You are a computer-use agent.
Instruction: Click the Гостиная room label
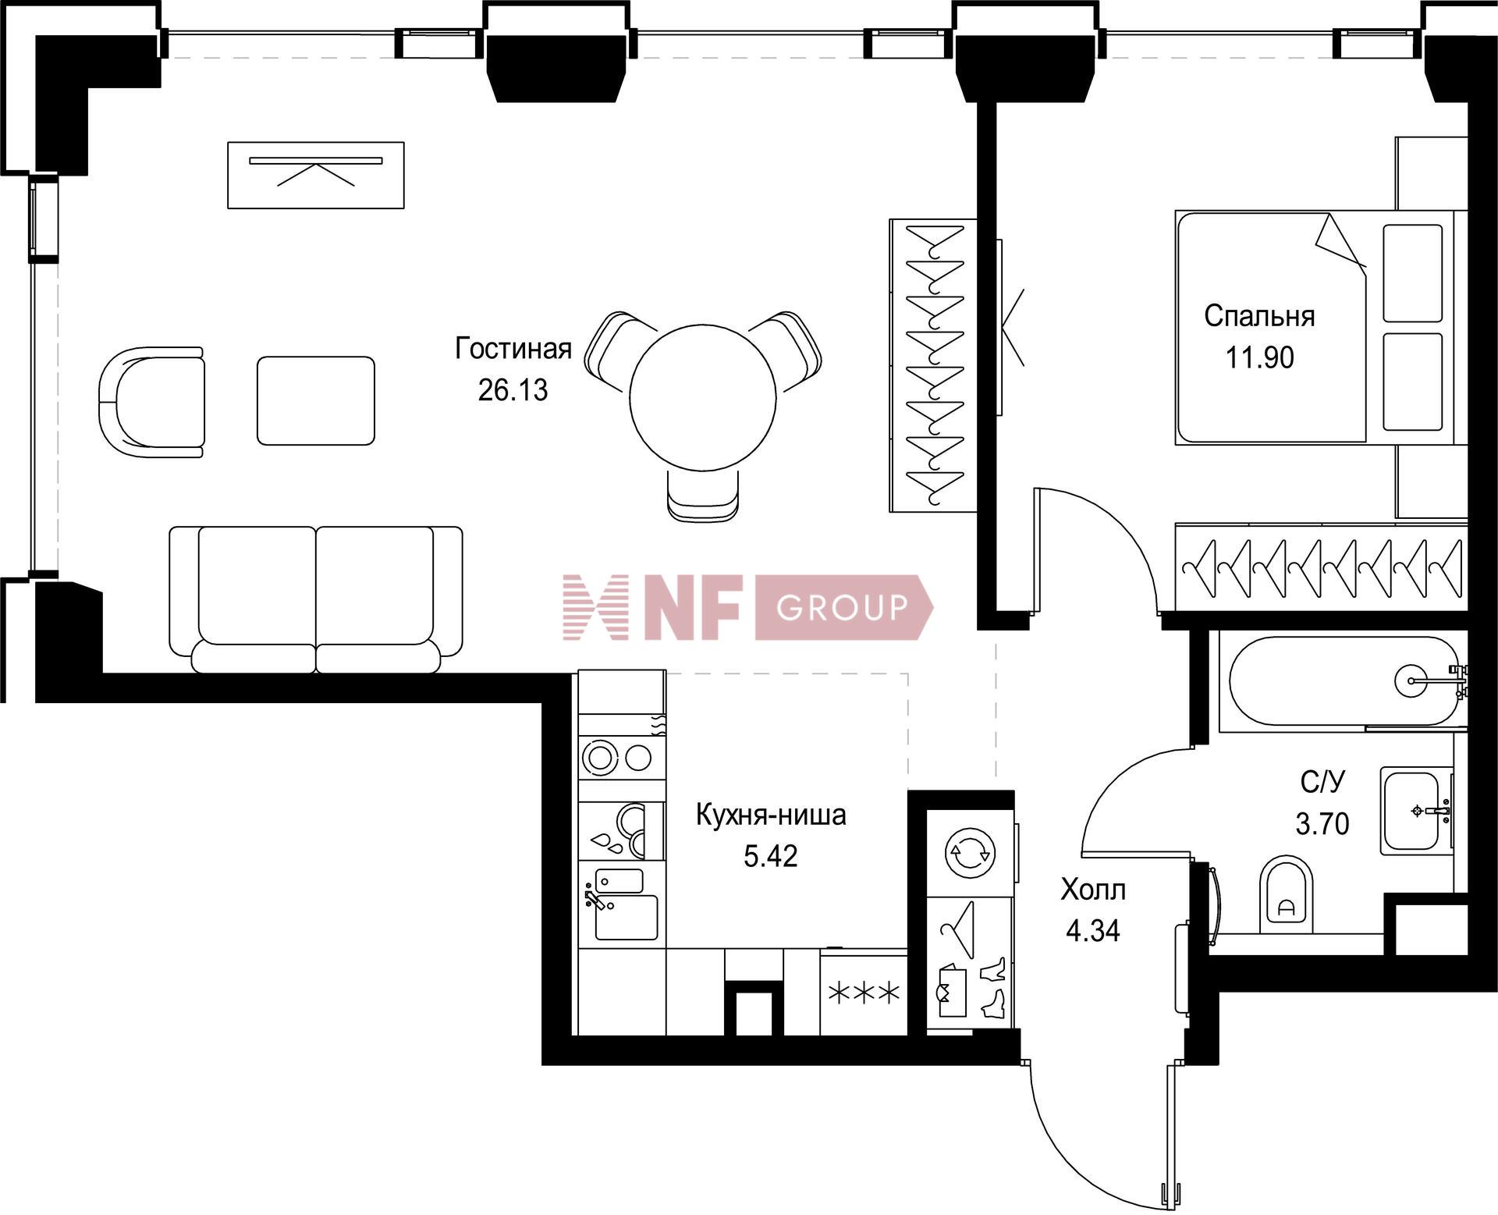[x=513, y=349]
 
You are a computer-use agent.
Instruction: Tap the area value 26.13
[x=513, y=389]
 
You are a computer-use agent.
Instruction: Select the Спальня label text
[x=1259, y=316]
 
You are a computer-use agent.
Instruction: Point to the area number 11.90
[x=1259, y=357]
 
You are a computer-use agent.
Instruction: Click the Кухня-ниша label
[x=770, y=815]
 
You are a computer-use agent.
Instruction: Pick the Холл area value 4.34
[x=1092, y=931]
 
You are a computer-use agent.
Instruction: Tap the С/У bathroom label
[x=1323, y=781]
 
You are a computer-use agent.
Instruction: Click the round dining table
[x=703, y=396]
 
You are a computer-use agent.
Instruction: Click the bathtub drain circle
[x=1411, y=680]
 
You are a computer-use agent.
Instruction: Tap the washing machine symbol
[x=970, y=853]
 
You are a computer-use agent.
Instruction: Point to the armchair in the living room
[x=152, y=402]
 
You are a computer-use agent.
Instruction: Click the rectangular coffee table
[x=315, y=400]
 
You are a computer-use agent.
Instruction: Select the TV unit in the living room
[x=315, y=175]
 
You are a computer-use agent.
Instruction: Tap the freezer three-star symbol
[x=864, y=993]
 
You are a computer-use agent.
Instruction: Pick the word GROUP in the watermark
[x=843, y=606]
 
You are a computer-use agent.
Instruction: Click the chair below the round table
[x=703, y=495]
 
